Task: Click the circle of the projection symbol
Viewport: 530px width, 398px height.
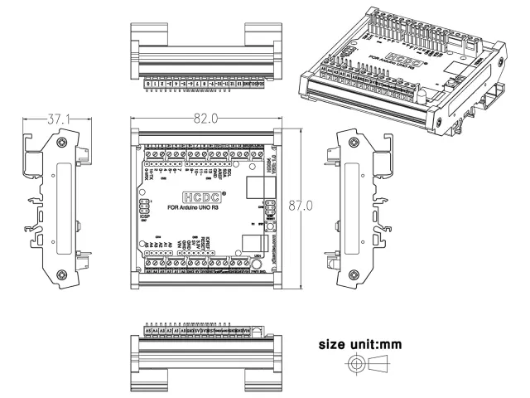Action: pos(357,363)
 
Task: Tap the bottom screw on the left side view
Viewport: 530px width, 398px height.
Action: pos(60,275)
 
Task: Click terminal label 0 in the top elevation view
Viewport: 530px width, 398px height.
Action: pos(148,84)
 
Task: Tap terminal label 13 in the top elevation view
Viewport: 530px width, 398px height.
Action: pos(240,84)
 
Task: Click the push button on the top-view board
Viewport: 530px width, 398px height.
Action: pos(269,226)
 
